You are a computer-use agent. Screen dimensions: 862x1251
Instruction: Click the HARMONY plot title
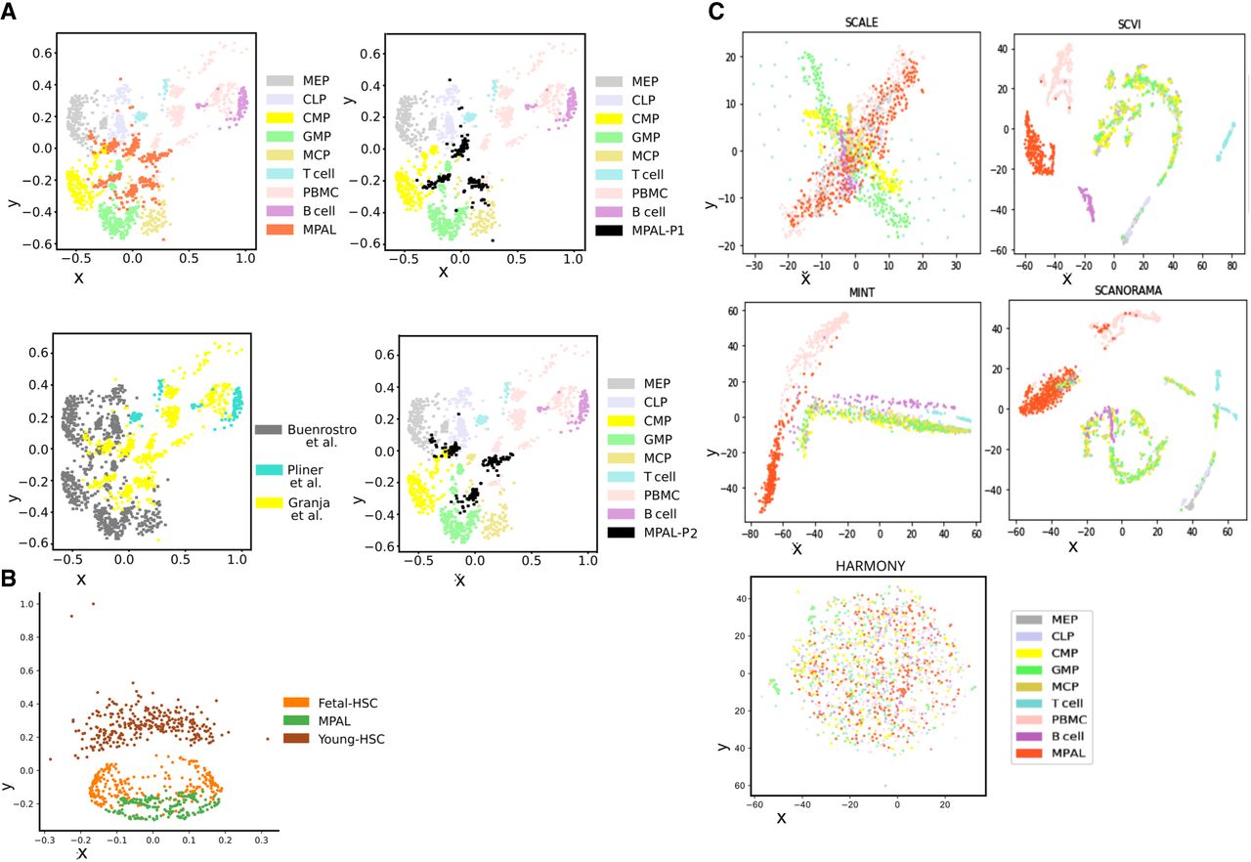tap(860, 567)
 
